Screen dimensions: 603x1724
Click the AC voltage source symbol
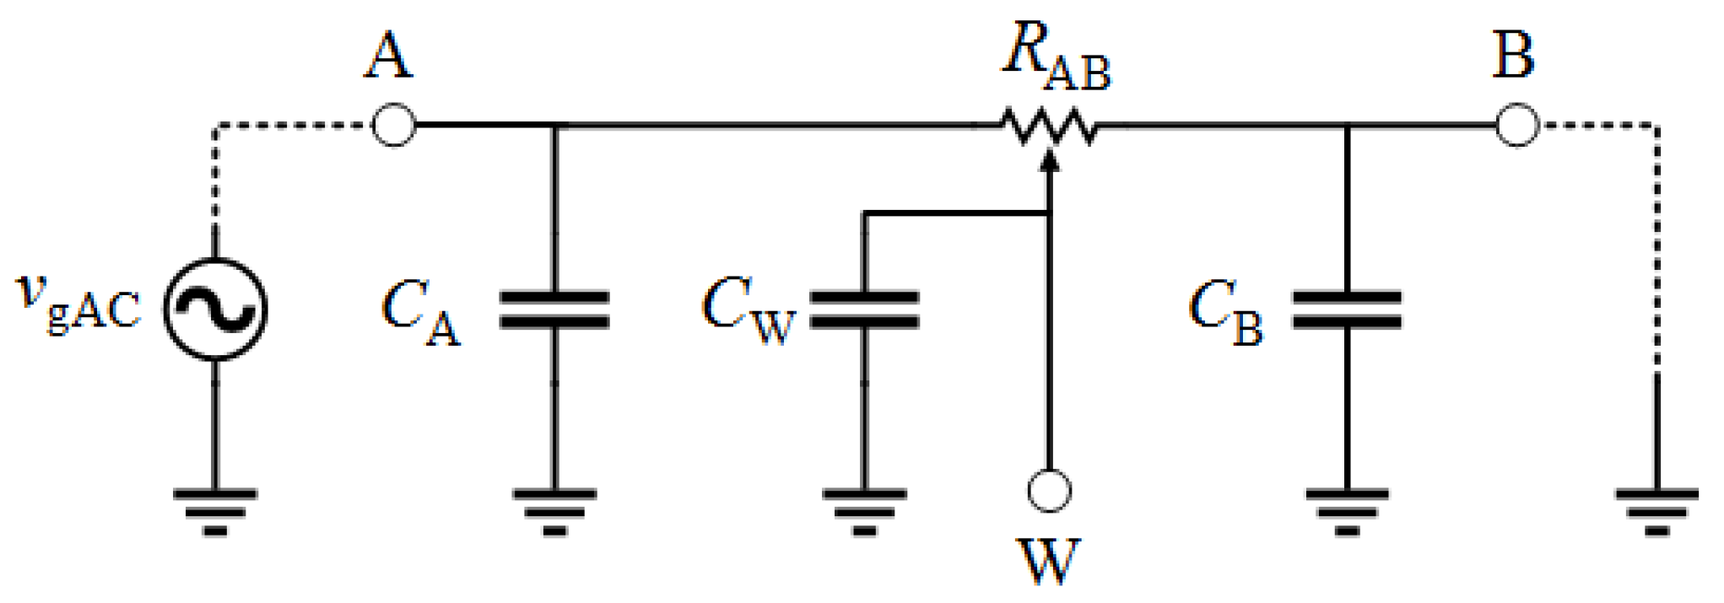click(215, 309)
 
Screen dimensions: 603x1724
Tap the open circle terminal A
click(393, 126)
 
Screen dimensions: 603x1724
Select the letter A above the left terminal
click(389, 57)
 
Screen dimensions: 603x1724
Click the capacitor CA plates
click(554, 310)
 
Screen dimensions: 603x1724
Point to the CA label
click(420, 313)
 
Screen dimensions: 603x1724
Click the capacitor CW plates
click(863, 310)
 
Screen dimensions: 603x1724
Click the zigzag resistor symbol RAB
click(1049, 127)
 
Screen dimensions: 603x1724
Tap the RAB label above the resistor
click(1056, 57)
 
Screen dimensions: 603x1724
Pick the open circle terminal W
click(1049, 491)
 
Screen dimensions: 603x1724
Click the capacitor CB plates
click(1347, 310)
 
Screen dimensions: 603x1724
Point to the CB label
click(1224, 313)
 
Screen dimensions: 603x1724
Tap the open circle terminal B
click(1516, 126)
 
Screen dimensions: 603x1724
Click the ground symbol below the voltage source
click(215, 510)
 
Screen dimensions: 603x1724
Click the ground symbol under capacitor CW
click(863, 510)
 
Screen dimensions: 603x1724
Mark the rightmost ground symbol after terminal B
click(1656, 510)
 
